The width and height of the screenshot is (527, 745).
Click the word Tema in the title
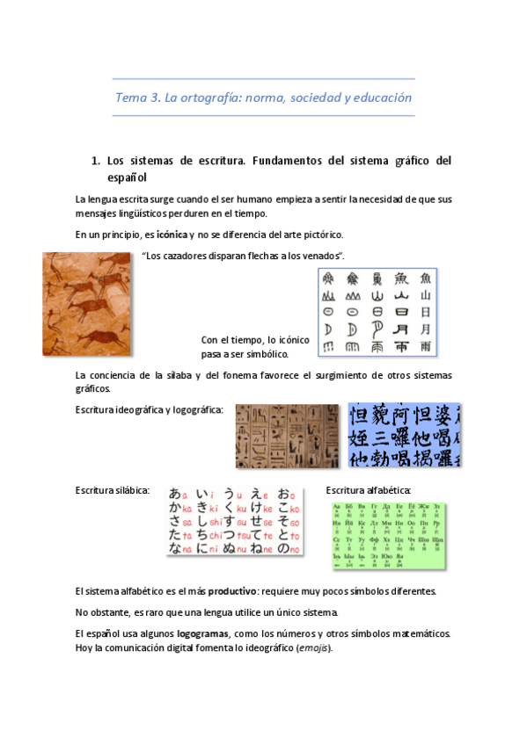(x=132, y=98)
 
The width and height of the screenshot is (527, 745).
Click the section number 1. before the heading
(x=96, y=161)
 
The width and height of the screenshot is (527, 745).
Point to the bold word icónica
(x=165, y=235)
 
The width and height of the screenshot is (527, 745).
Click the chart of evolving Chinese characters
(x=377, y=311)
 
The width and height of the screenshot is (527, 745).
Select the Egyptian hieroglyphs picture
(x=287, y=436)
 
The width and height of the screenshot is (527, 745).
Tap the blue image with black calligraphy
(x=403, y=436)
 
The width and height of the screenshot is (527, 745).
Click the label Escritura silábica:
(x=113, y=489)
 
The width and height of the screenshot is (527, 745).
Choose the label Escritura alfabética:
(x=368, y=489)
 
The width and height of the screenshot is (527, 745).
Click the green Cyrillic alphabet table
(x=389, y=536)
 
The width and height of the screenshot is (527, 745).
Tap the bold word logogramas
(x=202, y=633)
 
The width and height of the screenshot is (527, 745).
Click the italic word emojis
(x=311, y=648)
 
